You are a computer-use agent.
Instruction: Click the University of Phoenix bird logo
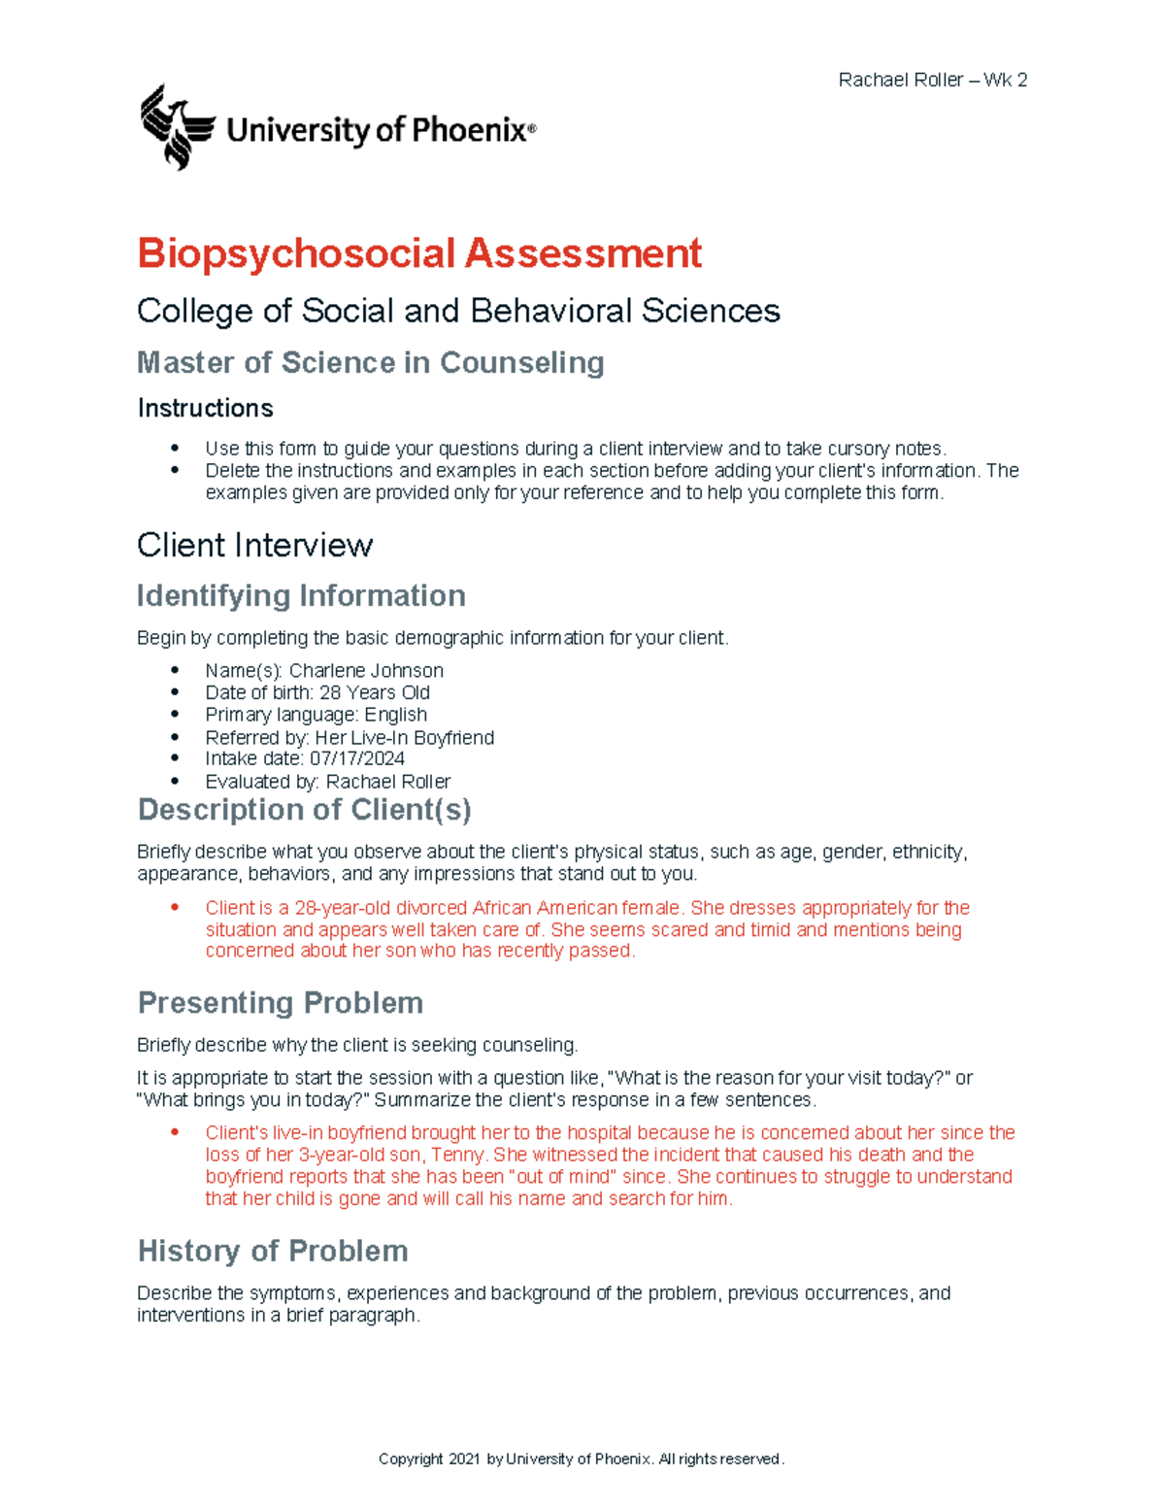177,127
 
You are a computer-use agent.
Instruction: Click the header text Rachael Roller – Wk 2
932,81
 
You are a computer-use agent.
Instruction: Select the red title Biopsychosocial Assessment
418,253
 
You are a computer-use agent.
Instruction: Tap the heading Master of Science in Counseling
370,363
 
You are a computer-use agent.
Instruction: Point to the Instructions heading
205,408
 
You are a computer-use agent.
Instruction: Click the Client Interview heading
254,546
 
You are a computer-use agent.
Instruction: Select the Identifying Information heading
301,595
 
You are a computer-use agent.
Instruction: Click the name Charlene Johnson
366,671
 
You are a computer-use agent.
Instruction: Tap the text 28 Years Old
374,693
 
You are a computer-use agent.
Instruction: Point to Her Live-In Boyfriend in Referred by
404,738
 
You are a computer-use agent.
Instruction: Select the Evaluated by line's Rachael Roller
387,782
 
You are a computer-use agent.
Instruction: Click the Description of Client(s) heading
304,810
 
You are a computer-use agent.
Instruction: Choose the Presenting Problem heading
280,1003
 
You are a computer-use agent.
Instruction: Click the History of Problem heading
272,1251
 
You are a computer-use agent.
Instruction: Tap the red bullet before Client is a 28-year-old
176,908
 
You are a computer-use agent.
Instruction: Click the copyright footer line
581,1459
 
